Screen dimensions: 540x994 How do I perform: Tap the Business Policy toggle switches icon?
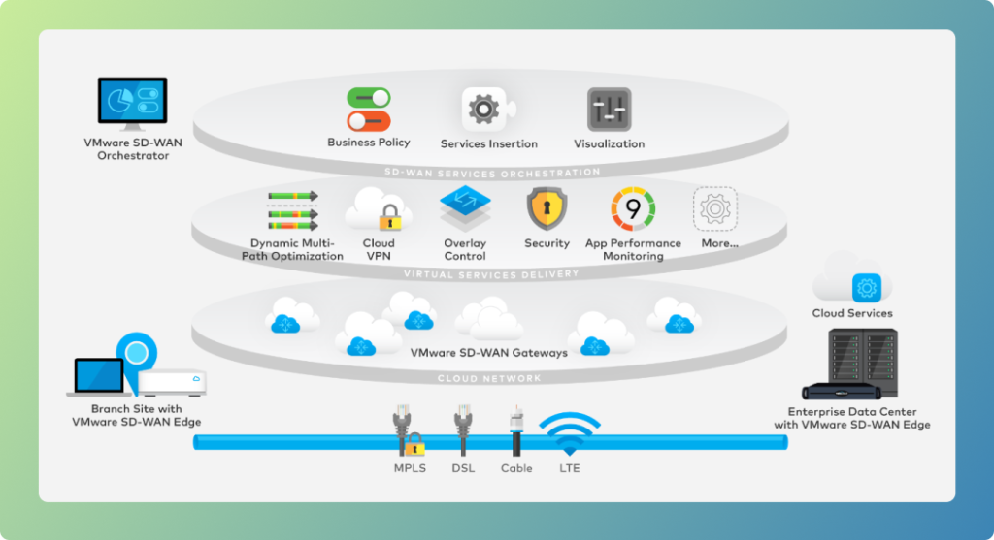[369, 109]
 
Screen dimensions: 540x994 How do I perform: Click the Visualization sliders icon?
[609, 110]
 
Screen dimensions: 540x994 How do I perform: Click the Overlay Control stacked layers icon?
[465, 207]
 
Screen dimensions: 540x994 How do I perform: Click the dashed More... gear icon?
[714, 208]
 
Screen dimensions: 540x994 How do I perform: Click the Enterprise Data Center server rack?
[850, 365]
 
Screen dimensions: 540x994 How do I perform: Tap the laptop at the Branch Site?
[100, 377]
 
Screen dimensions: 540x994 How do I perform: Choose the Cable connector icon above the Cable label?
[516, 429]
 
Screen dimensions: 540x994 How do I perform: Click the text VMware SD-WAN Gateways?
[489, 352]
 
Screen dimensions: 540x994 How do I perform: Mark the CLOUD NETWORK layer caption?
[489, 378]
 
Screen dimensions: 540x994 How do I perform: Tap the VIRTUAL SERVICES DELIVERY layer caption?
[491, 274]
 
